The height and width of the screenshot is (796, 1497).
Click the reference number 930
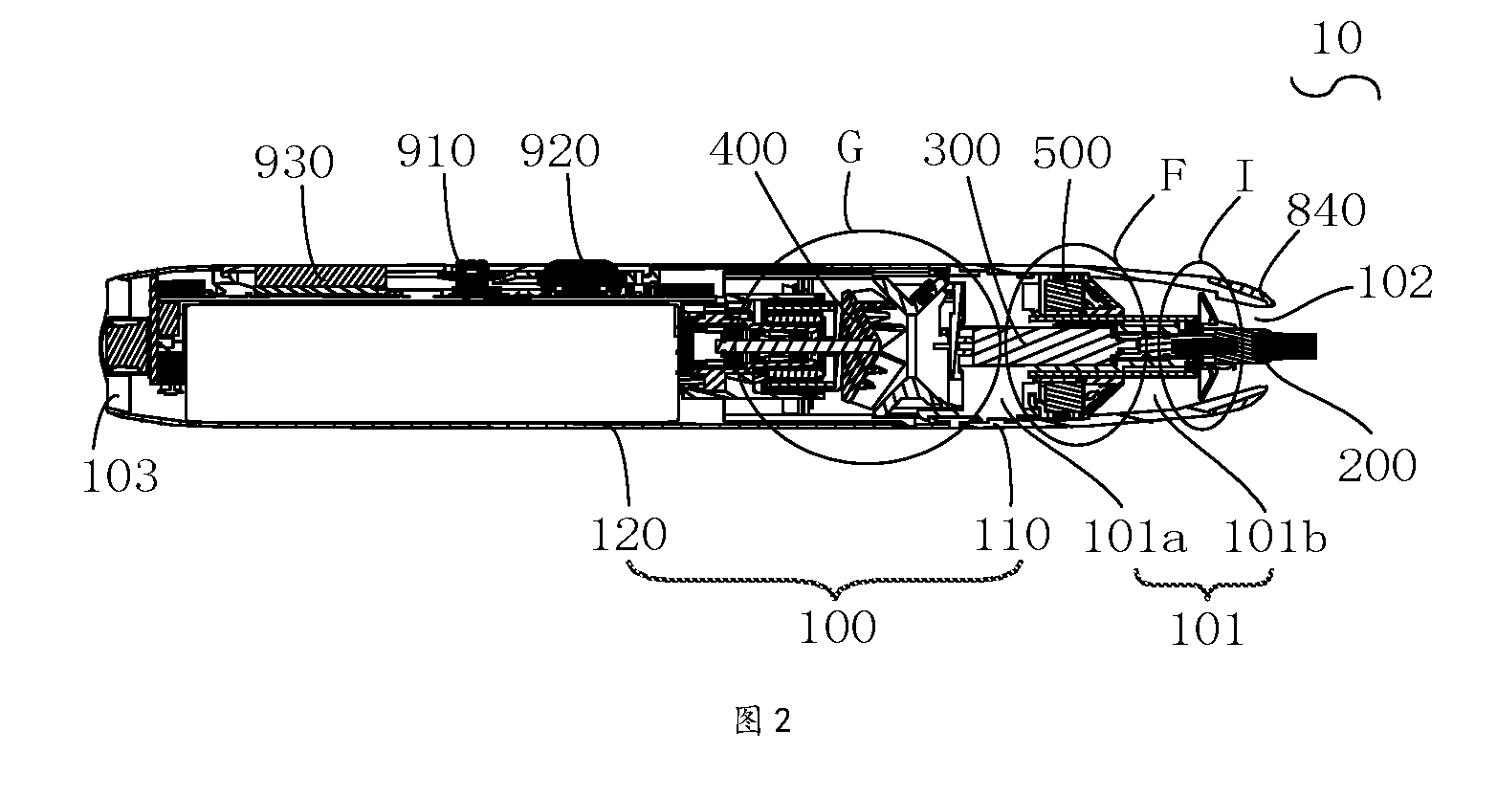tap(294, 163)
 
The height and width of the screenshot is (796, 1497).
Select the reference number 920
tap(560, 151)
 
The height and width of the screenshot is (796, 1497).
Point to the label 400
tap(748, 149)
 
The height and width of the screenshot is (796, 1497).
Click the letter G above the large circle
tap(850, 147)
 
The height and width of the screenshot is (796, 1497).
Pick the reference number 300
tap(961, 150)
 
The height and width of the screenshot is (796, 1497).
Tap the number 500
tap(1072, 153)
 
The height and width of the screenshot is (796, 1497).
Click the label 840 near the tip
tap(1326, 210)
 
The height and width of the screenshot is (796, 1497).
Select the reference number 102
tap(1396, 282)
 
